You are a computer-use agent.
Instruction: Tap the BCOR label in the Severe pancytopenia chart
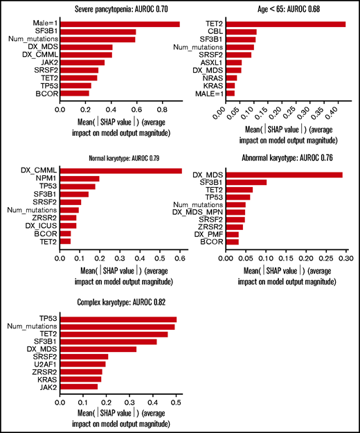[x=48, y=93]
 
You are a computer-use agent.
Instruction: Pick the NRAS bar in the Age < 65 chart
[x=232, y=78]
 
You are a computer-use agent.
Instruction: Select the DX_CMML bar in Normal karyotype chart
[x=120, y=171]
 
